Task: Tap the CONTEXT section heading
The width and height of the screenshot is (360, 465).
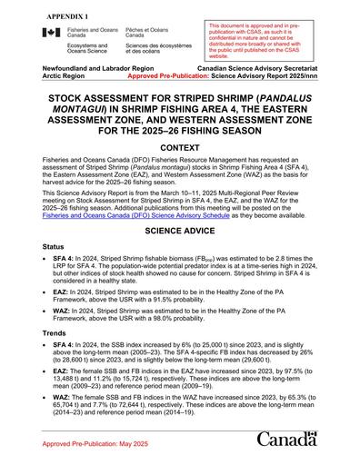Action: pyautogui.click(x=179, y=146)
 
